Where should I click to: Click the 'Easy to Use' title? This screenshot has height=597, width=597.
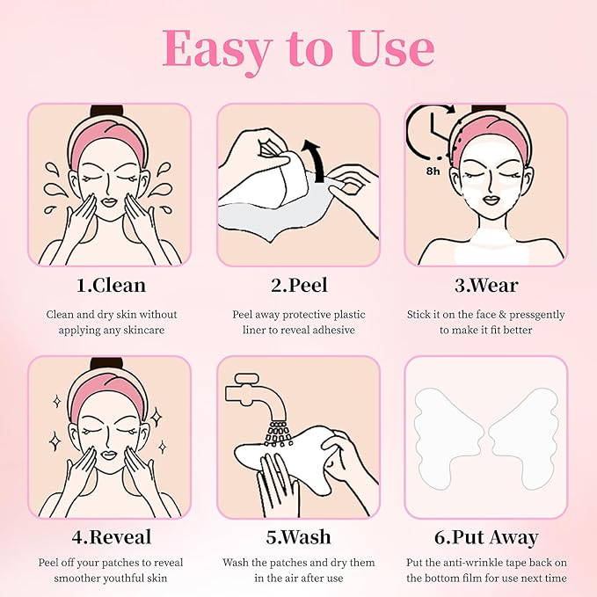(298, 49)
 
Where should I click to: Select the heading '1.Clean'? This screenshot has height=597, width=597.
(109, 285)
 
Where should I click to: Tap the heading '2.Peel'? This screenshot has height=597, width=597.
(298, 285)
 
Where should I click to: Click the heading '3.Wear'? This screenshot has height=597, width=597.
(485, 285)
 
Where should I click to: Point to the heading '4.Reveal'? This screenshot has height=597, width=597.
(109, 536)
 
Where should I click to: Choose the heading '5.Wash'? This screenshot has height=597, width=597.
(298, 536)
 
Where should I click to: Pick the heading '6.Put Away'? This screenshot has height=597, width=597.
(485, 536)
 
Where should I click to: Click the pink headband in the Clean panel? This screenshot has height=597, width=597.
(109, 134)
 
